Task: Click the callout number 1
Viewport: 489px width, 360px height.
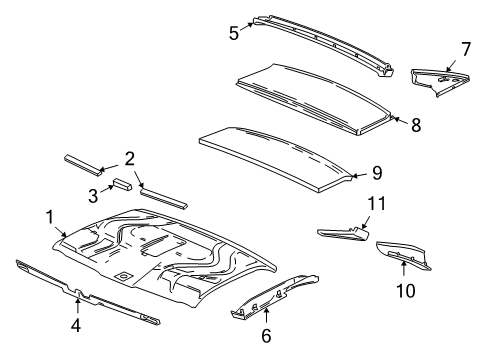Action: [x=49, y=216]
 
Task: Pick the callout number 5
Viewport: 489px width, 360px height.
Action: [x=233, y=32]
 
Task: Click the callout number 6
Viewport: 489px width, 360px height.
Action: [x=266, y=336]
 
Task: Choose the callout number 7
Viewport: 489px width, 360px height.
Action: [x=465, y=48]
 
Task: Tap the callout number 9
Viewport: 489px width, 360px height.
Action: [x=376, y=172]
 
